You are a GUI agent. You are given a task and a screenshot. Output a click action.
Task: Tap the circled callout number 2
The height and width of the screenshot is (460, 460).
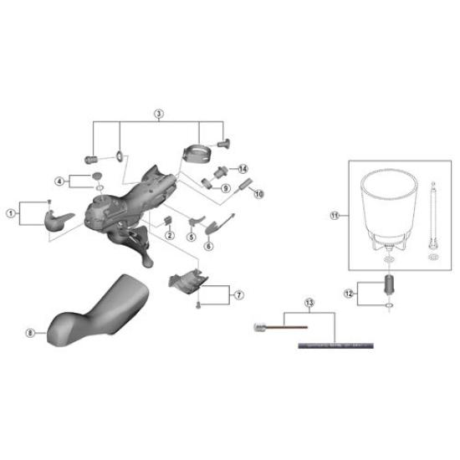(170, 235)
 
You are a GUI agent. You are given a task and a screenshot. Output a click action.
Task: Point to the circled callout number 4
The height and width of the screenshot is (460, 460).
(59, 181)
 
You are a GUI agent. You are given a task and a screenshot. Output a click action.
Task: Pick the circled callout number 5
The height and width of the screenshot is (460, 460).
(192, 236)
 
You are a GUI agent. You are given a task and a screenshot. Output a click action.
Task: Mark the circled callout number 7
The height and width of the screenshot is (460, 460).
(238, 294)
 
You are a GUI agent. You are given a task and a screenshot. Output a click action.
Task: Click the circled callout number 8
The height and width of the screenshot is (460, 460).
(31, 332)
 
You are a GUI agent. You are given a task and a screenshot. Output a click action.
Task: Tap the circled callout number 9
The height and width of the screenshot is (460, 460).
(225, 188)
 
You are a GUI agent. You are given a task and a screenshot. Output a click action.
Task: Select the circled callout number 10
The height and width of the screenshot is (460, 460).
(258, 194)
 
